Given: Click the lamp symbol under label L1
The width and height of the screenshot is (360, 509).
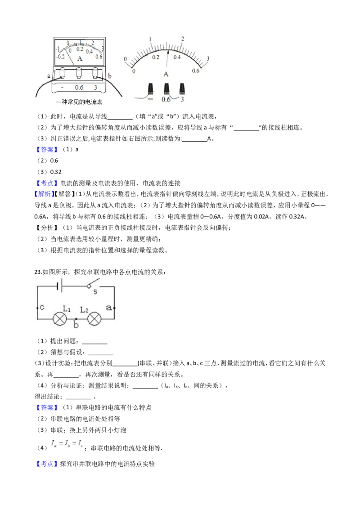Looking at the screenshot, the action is (60, 319).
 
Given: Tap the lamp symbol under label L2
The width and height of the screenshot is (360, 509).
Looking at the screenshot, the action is (94, 319).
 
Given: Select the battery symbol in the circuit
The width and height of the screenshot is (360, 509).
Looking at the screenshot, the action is (59, 286).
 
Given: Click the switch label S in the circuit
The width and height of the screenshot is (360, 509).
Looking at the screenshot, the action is (95, 292).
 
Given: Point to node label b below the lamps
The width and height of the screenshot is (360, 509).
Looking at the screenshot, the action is (76, 325).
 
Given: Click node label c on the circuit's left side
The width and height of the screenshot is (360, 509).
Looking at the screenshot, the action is (42, 307).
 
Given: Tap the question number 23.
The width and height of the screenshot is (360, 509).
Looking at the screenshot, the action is (37, 272).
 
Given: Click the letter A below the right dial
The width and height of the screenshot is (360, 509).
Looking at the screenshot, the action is (166, 74).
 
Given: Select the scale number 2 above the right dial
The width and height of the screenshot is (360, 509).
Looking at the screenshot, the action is (182, 39).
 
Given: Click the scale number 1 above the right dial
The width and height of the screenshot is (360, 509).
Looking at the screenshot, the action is (150, 39).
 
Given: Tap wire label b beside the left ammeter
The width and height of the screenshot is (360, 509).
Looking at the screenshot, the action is (109, 76).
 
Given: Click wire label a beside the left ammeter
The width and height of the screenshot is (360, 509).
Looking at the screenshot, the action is (49, 76).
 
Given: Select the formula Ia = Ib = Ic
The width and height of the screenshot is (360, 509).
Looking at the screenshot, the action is (67, 443).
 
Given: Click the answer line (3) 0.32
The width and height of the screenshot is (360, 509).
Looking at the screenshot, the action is (49, 172).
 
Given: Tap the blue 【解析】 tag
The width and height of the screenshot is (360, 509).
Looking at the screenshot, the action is (43, 194).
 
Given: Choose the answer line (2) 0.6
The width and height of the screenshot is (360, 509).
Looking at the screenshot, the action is (47, 161).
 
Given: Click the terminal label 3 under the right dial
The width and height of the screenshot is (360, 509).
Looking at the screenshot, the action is (182, 99).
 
